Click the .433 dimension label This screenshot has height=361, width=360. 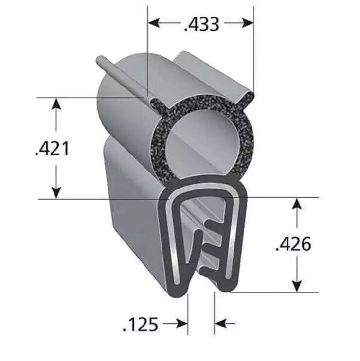(201, 24)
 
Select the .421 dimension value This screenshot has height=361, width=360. (52, 149)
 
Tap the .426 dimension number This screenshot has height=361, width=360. (293, 244)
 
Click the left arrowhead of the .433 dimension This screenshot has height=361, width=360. (154, 23)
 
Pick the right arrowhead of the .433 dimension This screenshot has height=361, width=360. (248, 23)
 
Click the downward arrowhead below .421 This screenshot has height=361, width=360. (56, 193)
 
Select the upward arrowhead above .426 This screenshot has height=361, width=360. (297, 204)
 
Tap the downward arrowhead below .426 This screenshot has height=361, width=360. (297, 287)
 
